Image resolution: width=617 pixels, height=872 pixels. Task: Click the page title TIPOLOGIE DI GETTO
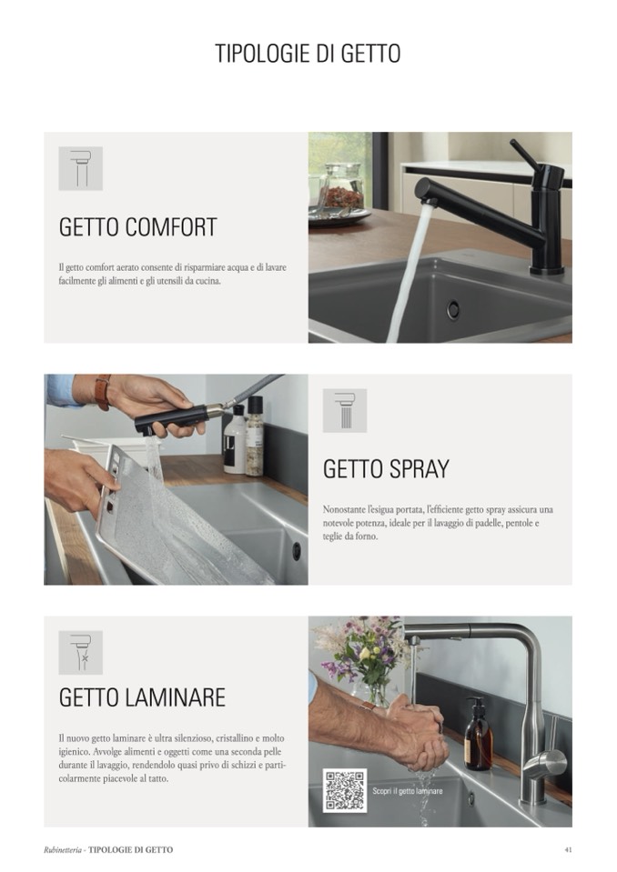click(308, 54)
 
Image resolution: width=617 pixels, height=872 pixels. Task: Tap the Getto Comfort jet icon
click(81, 168)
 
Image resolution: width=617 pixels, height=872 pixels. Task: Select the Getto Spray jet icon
click(345, 410)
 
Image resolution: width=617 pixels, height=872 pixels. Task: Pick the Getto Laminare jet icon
click(81, 653)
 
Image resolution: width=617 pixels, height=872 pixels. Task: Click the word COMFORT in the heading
click(171, 227)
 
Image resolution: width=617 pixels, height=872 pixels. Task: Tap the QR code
click(345, 790)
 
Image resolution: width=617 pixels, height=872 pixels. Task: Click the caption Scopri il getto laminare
click(408, 791)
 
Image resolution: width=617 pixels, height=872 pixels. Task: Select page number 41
click(568, 849)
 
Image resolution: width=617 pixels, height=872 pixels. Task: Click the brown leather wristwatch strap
click(102, 392)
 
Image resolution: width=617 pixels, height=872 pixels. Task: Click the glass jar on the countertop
click(343, 185)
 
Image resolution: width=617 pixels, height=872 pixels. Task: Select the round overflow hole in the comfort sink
click(453, 309)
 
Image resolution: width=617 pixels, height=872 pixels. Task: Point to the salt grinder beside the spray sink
click(254, 436)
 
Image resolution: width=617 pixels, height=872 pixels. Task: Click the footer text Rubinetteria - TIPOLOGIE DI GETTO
click(108, 850)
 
